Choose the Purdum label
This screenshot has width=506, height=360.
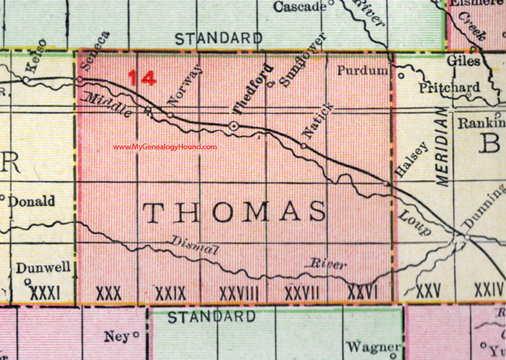click(x=362, y=70)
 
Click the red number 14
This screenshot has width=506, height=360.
click(x=142, y=79)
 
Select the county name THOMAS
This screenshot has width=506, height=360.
click(x=234, y=212)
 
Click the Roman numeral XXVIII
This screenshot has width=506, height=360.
click(x=239, y=292)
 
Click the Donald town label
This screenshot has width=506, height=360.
click(x=32, y=201)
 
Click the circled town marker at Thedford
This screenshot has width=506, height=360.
click(x=234, y=128)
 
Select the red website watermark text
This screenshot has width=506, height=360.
click(x=165, y=147)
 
